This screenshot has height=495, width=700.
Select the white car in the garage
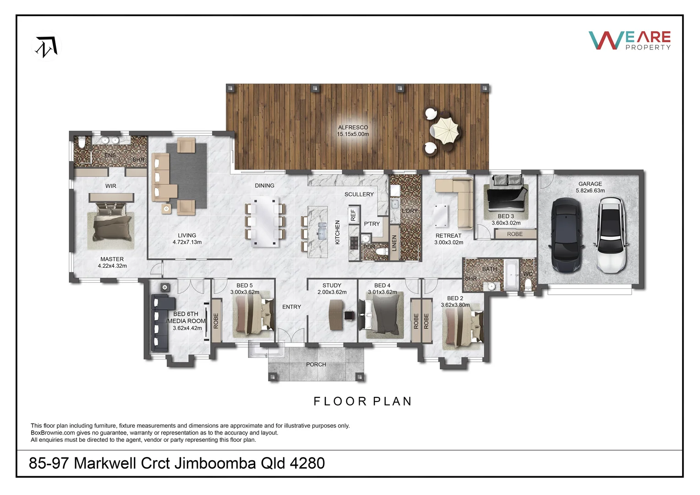(611, 235)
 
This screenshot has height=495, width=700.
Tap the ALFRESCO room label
(353, 127)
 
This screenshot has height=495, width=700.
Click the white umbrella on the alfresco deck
(443, 130)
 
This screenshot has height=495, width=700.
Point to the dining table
(266, 222)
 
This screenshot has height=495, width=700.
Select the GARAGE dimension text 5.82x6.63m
(590, 191)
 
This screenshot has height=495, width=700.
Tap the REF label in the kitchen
(353, 215)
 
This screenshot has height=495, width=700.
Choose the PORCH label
(316, 364)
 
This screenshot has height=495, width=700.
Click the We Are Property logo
(629, 40)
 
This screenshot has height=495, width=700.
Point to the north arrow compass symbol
(46, 46)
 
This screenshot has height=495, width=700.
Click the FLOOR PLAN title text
(362, 401)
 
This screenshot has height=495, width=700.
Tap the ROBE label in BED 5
(216, 320)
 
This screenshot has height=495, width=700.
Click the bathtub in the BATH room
(511, 275)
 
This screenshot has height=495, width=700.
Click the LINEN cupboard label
(394, 243)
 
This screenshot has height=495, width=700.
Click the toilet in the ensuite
(82, 143)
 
